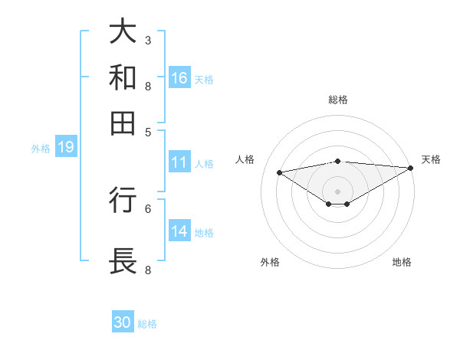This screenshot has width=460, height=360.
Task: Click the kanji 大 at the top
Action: (x=123, y=32)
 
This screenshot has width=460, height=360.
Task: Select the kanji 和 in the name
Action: (x=123, y=77)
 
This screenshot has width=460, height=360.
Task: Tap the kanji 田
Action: (x=123, y=122)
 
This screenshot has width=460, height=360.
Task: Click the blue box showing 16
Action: (x=179, y=78)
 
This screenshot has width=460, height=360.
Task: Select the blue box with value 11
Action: (x=179, y=162)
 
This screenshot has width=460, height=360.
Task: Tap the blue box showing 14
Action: (x=179, y=231)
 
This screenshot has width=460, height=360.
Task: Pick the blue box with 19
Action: (x=65, y=147)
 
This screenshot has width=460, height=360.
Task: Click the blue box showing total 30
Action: (x=123, y=322)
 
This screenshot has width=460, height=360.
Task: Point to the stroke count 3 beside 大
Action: (x=148, y=40)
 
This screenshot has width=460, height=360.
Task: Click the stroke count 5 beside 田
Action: (x=148, y=131)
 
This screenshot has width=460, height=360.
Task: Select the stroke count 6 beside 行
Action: (x=148, y=208)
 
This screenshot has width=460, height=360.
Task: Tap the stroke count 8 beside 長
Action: (x=148, y=270)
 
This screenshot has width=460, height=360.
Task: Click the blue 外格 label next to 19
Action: (x=41, y=148)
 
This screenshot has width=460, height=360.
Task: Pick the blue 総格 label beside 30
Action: (x=147, y=323)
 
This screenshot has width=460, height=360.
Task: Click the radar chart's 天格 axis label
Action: (x=431, y=159)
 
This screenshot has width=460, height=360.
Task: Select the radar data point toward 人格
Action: (x=280, y=172)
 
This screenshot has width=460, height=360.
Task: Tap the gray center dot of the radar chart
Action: (x=337, y=191)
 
